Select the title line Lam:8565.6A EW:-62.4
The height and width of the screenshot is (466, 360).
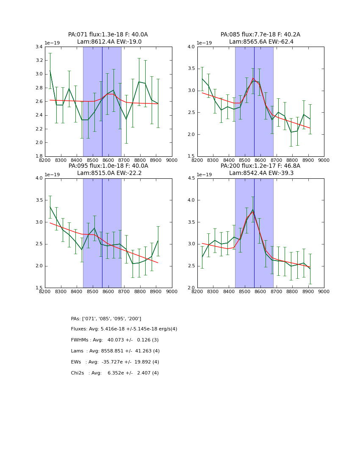click(261, 42)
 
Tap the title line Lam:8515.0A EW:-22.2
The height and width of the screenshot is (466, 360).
click(109, 173)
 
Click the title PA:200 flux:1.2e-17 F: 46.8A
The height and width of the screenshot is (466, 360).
click(260, 166)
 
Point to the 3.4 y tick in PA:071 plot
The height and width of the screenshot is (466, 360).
click(39, 47)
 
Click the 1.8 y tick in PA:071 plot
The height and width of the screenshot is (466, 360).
click(39, 156)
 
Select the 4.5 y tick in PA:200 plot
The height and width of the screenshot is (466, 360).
click(191, 178)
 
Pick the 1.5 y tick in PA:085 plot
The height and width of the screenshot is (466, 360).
click(191, 156)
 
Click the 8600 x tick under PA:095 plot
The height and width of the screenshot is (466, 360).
click(108, 291)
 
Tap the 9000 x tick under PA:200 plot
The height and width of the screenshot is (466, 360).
click(324, 291)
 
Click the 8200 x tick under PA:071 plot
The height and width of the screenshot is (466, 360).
click(45, 160)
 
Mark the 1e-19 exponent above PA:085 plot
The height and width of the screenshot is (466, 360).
click(205, 43)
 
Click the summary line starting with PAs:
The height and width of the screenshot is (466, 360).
click(106, 319)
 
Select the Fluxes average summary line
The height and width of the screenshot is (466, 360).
click(124, 329)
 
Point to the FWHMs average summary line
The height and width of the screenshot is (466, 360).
click(115, 340)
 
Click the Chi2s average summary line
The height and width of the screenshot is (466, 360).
click(115, 373)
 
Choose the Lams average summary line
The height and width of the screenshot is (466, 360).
click(115, 351)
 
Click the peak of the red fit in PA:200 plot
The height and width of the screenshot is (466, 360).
click(253, 211)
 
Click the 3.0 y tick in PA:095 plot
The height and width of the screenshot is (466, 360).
click(39, 222)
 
